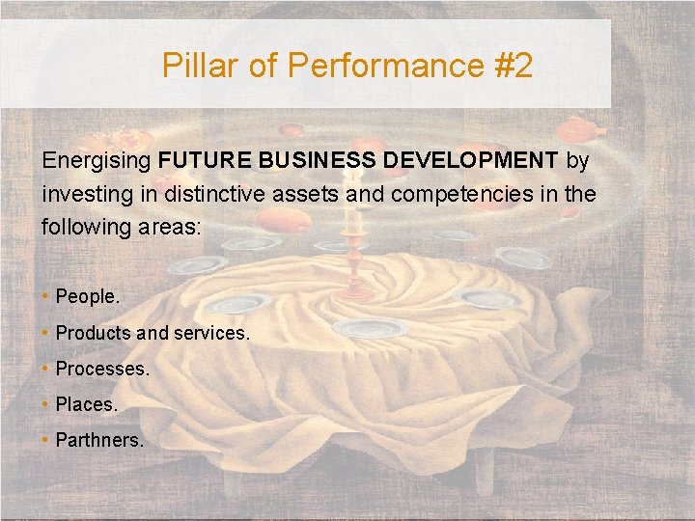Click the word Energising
click(97, 159)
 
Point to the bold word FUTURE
click(203, 159)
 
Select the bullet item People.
click(88, 297)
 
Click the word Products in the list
click(93, 333)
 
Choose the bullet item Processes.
click(102, 369)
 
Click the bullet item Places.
click(86, 404)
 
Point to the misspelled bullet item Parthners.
click(99, 440)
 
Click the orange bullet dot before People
click(46, 297)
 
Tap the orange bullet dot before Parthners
click(46, 440)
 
